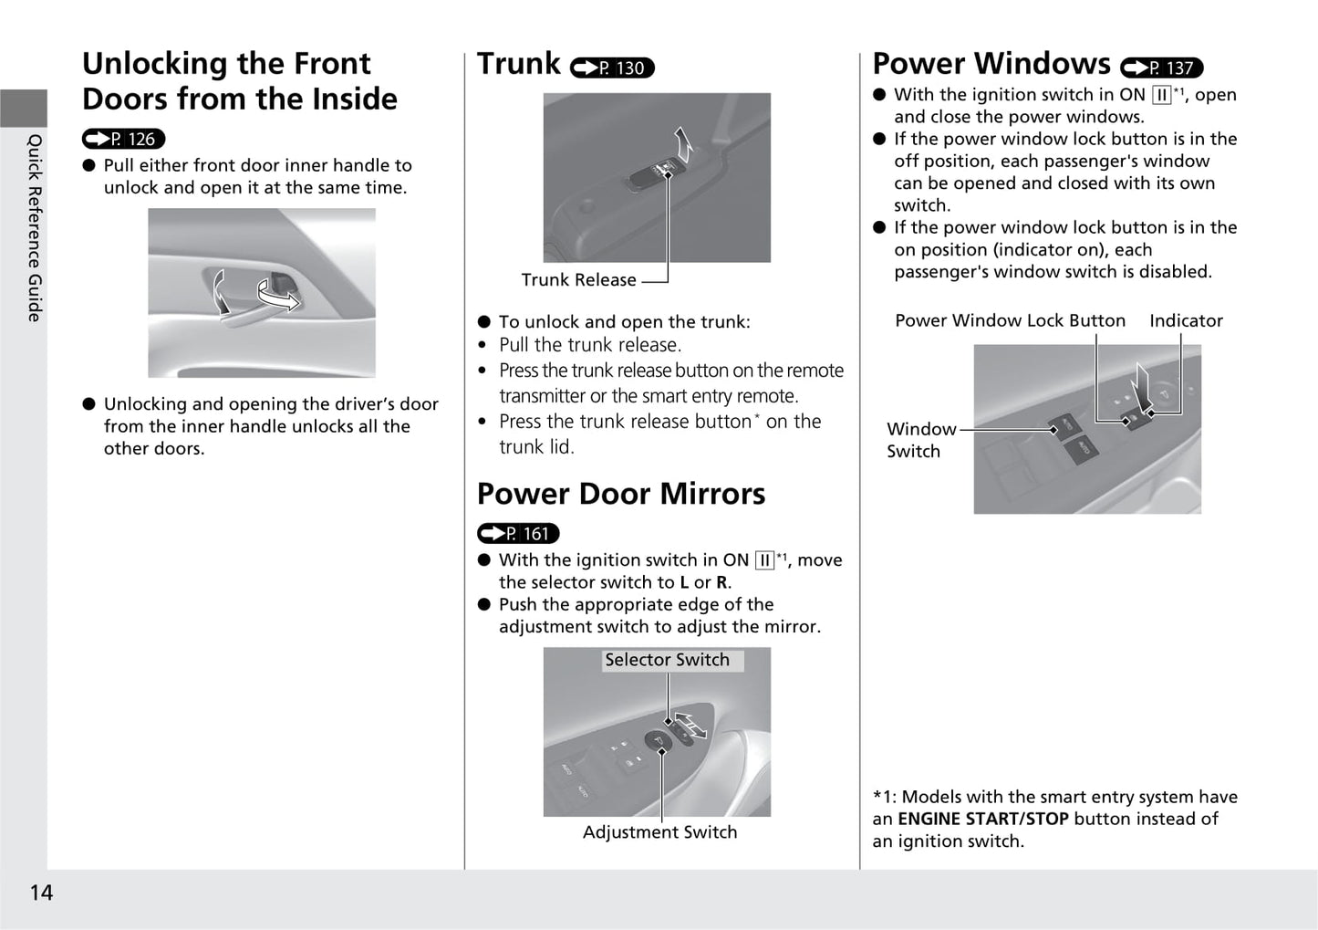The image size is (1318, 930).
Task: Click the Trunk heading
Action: [518, 64]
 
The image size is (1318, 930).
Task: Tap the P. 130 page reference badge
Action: [612, 68]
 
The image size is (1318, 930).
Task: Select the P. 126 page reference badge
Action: [123, 139]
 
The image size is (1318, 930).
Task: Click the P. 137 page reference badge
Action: [1161, 68]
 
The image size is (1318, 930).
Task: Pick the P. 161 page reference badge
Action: [517, 534]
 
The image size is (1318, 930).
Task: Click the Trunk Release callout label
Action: [578, 280]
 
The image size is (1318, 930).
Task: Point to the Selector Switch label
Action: [667, 660]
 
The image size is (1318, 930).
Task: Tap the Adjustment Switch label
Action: [659, 832]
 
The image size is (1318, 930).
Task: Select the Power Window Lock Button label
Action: [1010, 320]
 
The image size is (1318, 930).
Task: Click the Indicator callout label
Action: [1186, 320]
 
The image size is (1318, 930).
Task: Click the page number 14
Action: [41, 893]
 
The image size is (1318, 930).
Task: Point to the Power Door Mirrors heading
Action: [620, 494]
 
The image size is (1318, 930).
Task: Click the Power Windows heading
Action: [991, 64]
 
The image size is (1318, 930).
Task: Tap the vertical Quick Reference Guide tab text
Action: [35, 228]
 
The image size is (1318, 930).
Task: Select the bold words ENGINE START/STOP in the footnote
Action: [983, 820]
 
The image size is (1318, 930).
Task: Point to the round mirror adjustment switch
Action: [658, 741]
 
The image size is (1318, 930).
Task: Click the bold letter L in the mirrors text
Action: [684, 582]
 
